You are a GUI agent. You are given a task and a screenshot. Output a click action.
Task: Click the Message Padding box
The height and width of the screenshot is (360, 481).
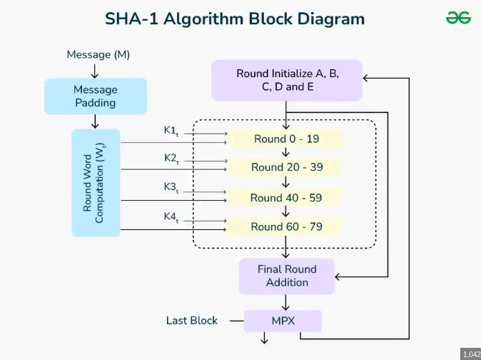pyautogui.click(x=95, y=96)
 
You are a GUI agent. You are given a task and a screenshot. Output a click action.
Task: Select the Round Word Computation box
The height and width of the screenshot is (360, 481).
pyautogui.click(x=96, y=183)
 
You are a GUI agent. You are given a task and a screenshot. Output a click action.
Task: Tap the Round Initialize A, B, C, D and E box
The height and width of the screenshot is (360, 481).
pyautogui.click(x=287, y=80)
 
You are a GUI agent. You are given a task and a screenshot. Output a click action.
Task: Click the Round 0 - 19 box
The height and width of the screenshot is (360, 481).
pyautogui.click(x=286, y=139)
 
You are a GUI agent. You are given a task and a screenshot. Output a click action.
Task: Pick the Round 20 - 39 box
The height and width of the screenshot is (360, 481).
pyautogui.click(x=286, y=168)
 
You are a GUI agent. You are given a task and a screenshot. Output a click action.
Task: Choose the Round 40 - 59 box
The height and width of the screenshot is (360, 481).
pyautogui.click(x=286, y=198)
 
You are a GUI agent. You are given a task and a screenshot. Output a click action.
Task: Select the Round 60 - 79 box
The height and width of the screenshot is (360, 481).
pyautogui.click(x=286, y=227)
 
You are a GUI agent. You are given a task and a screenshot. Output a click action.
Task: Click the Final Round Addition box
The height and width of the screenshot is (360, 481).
pyautogui.click(x=286, y=276)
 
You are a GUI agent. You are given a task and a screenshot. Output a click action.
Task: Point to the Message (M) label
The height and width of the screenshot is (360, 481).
pyautogui.click(x=98, y=54)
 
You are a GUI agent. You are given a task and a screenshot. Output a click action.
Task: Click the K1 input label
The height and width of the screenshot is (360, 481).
pyautogui.click(x=171, y=131)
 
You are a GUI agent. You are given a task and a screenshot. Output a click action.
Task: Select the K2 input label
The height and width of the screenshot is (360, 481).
pyautogui.click(x=171, y=159)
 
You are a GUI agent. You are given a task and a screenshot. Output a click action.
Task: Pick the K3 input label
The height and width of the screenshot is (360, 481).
pyautogui.click(x=171, y=188)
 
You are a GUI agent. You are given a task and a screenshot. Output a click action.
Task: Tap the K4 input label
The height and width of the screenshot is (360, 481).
pyautogui.click(x=171, y=216)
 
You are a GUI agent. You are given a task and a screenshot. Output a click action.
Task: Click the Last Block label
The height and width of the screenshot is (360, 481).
pyautogui.click(x=192, y=321)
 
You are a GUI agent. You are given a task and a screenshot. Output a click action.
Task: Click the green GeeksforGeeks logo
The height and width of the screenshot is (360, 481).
pyautogui.click(x=458, y=19)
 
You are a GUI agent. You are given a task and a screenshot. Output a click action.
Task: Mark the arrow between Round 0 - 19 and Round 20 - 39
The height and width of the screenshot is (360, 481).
pyautogui.click(x=286, y=153)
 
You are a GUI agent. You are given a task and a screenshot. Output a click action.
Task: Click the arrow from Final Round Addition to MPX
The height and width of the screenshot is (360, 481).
pyautogui.click(x=286, y=302)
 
